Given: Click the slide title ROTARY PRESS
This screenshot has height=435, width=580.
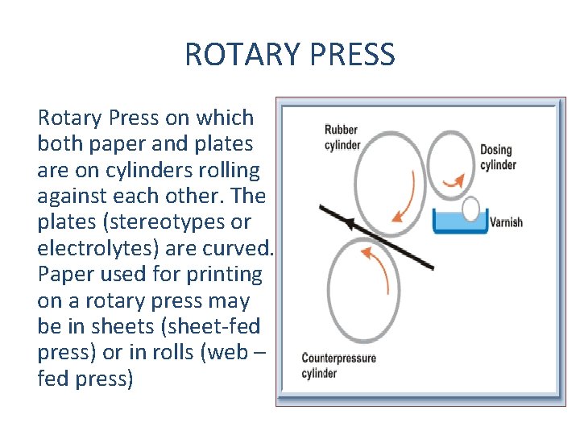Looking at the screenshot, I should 290,55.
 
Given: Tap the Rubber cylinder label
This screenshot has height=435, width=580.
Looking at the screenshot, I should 342,137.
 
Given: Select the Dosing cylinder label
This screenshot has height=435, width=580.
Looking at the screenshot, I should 498,157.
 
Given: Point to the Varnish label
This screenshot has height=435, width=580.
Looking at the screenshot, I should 507,222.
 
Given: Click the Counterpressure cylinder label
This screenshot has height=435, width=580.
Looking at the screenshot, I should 338,365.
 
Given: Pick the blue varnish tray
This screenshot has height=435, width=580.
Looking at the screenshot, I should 460,222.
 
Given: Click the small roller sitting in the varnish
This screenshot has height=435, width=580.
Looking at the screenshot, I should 470,209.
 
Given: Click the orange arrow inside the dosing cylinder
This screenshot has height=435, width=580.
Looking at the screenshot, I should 457,180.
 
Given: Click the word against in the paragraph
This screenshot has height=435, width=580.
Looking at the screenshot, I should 75,196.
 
